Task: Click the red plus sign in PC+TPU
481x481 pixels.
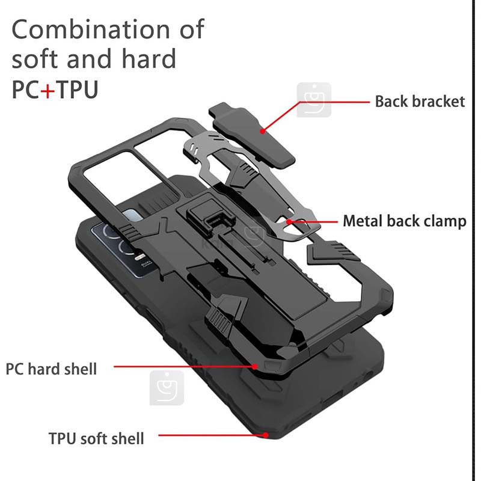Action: (47, 90)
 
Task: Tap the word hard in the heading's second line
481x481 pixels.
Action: (149, 58)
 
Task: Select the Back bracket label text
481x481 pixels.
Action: (420, 102)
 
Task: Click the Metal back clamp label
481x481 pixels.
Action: (404, 221)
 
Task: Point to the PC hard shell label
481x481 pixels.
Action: (51, 369)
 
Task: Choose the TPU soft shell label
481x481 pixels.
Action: (96, 438)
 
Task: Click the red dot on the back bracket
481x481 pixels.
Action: (262, 131)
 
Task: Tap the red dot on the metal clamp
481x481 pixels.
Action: (289, 221)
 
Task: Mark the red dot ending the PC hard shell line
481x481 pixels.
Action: (254, 367)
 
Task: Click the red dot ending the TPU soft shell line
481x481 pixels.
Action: (266, 435)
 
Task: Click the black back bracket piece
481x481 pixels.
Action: (251, 135)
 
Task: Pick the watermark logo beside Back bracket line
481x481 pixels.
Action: (314, 100)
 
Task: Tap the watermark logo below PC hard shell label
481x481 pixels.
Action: (167, 388)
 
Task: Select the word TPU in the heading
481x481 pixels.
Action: (77, 90)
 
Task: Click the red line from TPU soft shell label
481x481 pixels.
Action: (212, 435)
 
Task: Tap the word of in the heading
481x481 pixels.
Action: (192, 29)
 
